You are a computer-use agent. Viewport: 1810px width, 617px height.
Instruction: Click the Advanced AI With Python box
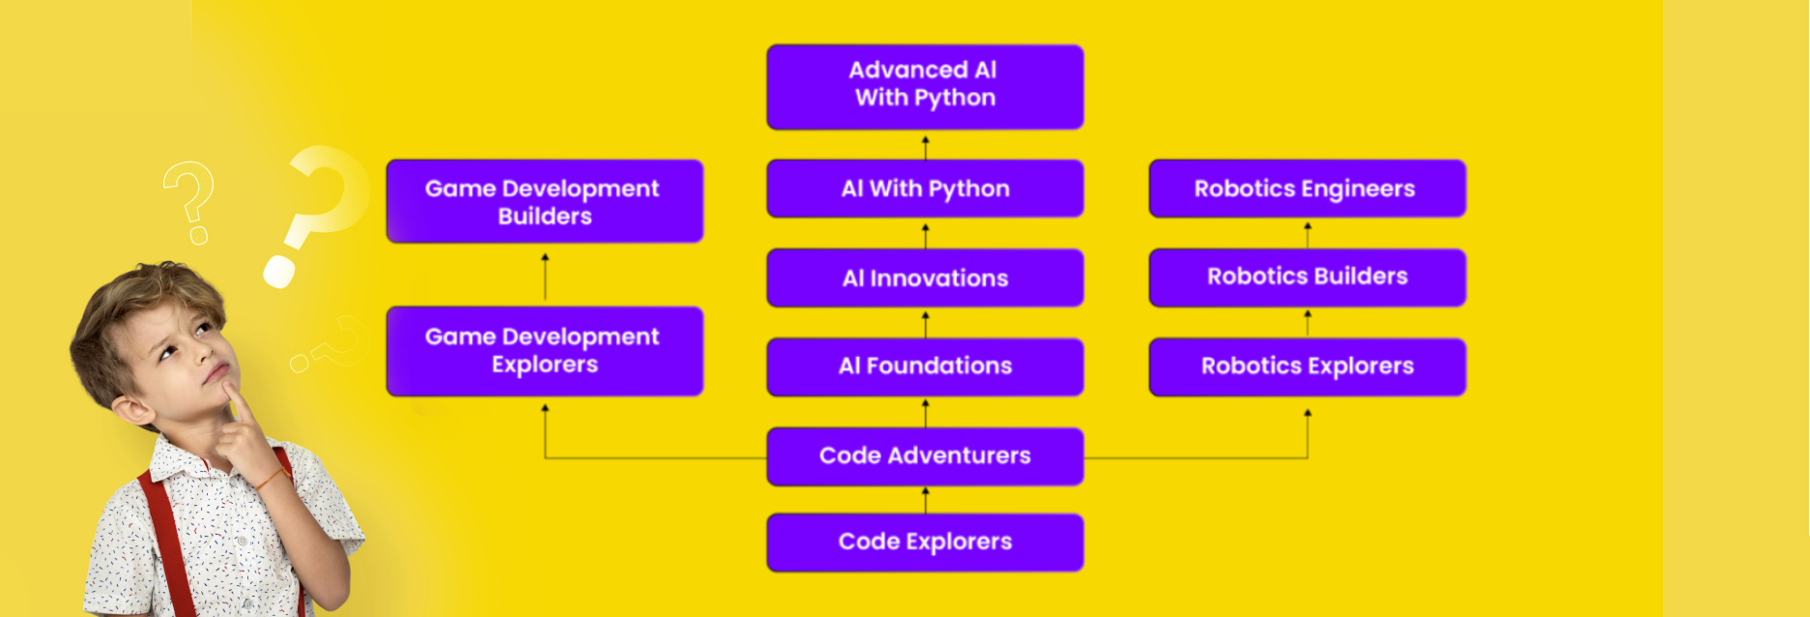click(x=925, y=86)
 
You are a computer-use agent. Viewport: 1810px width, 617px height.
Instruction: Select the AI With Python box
click(x=925, y=189)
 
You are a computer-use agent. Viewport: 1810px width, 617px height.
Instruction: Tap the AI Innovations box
click(x=925, y=278)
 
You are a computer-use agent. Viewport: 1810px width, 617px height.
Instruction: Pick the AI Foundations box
click(x=925, y=367)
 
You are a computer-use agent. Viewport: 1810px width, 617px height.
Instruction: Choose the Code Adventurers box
click(x=925, y=455)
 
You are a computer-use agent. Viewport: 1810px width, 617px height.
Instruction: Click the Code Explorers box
click(x=925, y=543)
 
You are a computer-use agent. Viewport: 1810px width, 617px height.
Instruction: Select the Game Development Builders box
click(x=545, y=201)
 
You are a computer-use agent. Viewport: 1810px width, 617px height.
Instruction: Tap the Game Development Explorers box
click(x=545, y=351)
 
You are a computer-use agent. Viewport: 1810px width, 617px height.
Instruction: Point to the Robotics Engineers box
click(x=1307, y=189)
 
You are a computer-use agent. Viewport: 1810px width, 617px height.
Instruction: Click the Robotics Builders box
click(x=1307, y=278)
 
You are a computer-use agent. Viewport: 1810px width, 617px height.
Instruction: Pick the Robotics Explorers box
click(x=1307, y=367)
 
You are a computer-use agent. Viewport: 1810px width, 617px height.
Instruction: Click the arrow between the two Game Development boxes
click(x=545, y=277)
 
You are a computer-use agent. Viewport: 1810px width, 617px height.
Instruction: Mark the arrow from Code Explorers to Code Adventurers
click(x=925, y=500)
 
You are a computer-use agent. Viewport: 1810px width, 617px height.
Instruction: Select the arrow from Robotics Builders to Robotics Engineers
click(x=1307, y=235)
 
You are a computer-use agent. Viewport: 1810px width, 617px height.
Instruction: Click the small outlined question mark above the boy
click(x=188, y=202)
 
